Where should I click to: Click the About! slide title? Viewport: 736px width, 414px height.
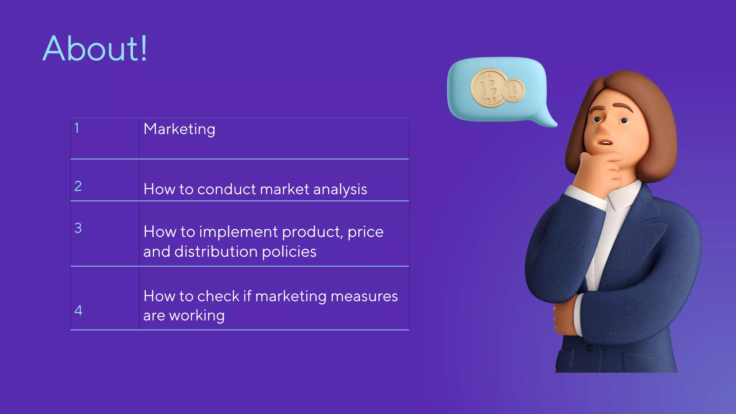[95, 49]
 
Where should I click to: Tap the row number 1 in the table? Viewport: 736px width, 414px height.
[77, 128]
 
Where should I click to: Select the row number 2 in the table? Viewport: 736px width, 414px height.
[78, 186]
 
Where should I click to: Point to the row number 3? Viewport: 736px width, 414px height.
[78, 228]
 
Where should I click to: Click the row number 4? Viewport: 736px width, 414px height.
[78, 310]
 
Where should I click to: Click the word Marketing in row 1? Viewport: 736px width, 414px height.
[179, 129]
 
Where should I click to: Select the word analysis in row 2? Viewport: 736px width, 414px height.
[340, 189]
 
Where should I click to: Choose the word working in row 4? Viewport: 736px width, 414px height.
[197, 316]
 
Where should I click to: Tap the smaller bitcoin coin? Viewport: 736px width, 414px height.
[513, 91]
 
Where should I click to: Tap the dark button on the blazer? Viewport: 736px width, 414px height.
[589, 348]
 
